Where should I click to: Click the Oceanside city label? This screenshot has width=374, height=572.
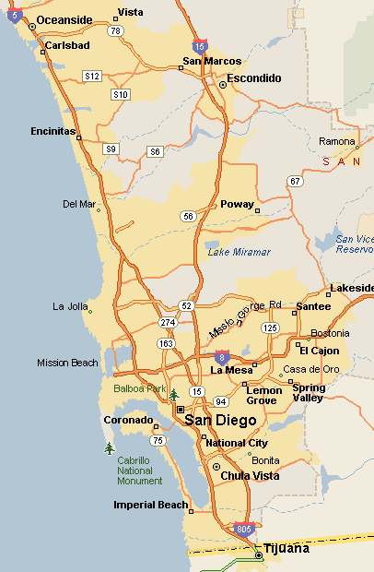coord(64,20)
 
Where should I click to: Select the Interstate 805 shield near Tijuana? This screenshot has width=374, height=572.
coord(243,530)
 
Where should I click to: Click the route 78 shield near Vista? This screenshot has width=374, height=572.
coord(115,30)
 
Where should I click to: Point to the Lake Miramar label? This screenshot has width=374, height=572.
coord(239,252)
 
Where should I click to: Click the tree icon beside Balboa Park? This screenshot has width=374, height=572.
coord(174,395)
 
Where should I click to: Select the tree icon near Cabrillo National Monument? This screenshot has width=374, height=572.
coord(110,448)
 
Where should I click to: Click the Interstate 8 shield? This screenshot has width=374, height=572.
coord(222,355)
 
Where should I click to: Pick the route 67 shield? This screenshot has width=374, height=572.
coord(295,181)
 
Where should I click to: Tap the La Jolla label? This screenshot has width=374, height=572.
coord(70,306)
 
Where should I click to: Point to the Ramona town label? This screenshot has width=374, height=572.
coord(335,141)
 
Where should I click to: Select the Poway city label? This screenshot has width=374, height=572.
coord(237,205)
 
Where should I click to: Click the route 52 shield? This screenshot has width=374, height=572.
coord(186,305)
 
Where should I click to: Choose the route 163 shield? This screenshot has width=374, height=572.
coord(167,343)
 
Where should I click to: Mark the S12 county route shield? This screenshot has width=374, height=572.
coord(92,76)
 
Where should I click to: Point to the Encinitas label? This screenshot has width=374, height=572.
coord(53,131)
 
